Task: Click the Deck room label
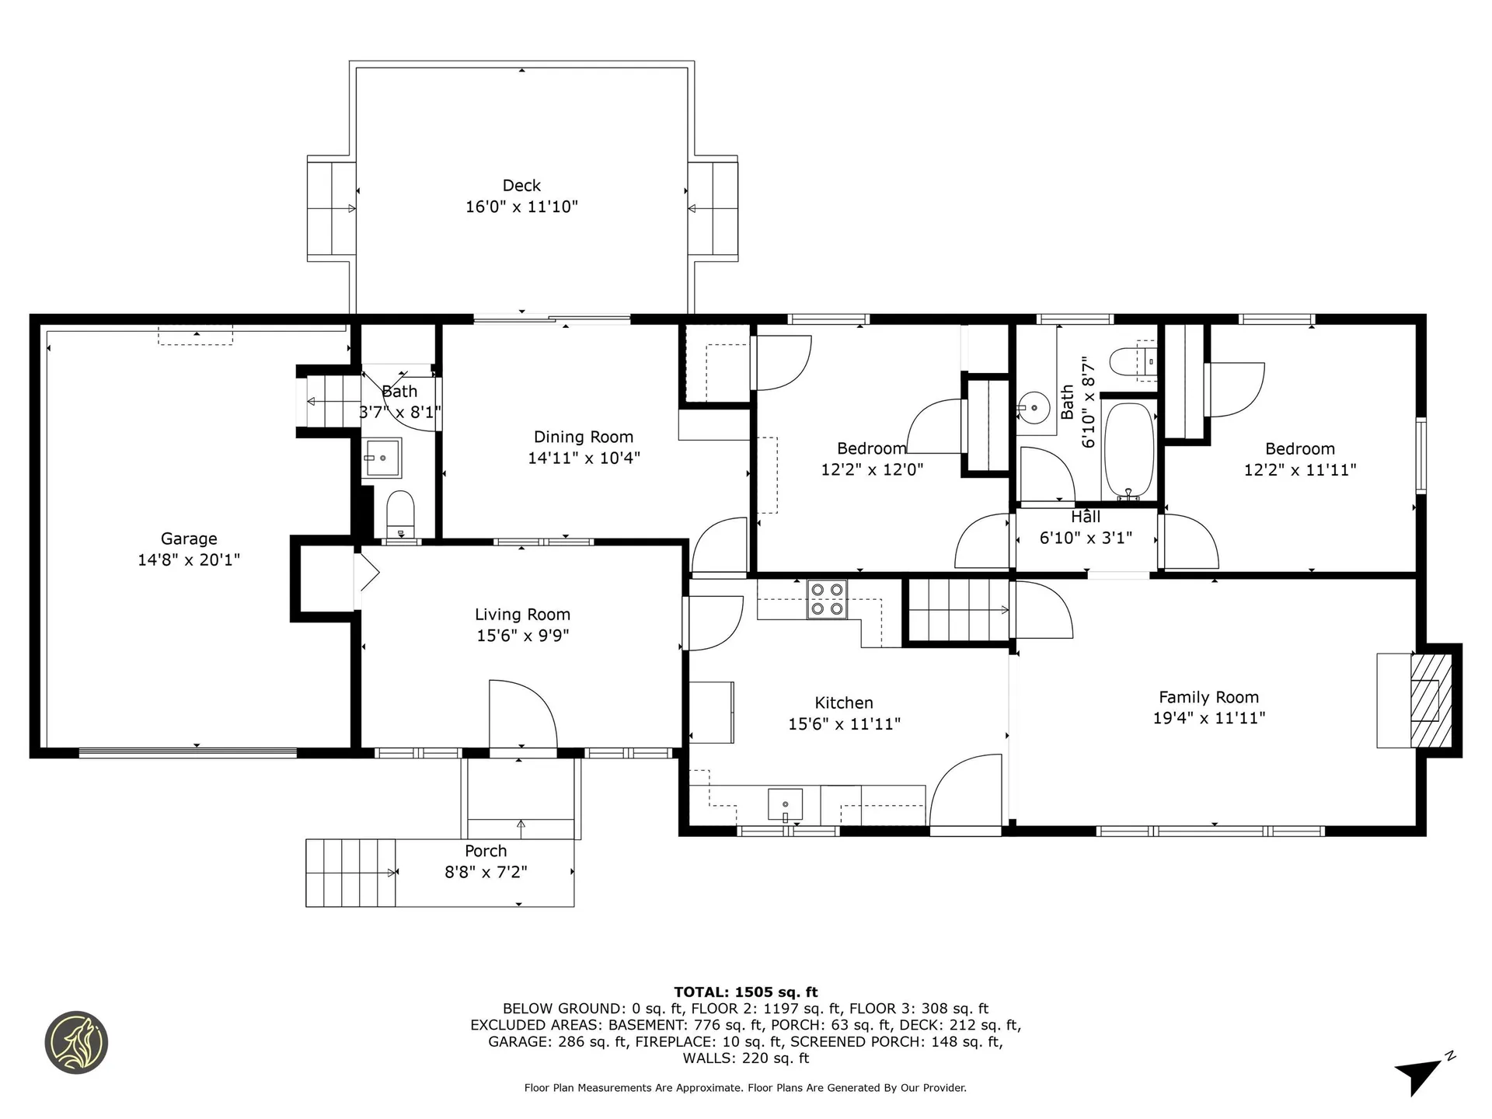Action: pos(521,186)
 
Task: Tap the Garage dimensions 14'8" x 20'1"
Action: pos(189,559)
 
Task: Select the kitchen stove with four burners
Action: pos(827,599)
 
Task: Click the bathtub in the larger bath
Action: pos(1128,450)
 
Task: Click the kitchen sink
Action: pos(785,804)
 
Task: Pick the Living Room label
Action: pos(522,615)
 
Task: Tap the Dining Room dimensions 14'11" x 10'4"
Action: pos(584,458)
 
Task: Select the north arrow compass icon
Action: pos(1424,1075)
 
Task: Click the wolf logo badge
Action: pos(76,1043)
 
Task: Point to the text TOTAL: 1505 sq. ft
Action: pos(745,992)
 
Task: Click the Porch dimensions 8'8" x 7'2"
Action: pos(486,873)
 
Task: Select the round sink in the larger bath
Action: pos(1034,406)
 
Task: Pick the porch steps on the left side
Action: pos(350,873)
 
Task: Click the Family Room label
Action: pos(1208,698)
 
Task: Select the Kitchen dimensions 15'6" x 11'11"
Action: pos(844,724)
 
